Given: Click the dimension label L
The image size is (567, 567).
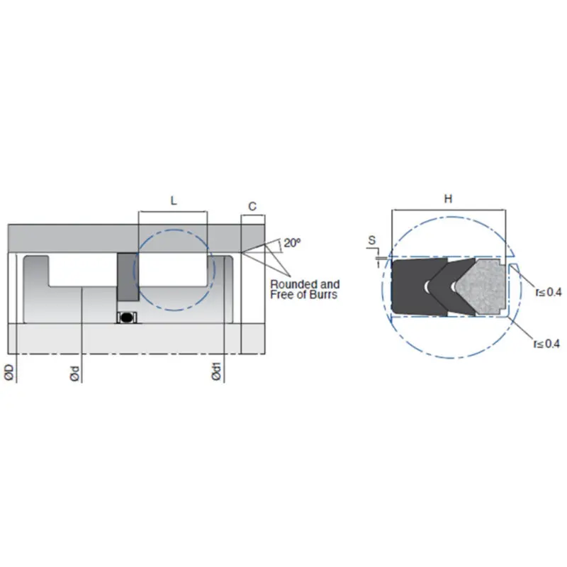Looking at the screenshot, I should pos(174,201).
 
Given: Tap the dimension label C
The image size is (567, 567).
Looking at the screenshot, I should pos(252,206).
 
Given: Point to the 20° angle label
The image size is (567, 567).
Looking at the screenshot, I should pos(292,242).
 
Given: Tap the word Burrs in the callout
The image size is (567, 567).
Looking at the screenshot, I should pos(325,294).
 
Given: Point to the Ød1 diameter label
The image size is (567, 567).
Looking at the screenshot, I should pos(217,374).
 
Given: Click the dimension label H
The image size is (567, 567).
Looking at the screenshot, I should pos(448,200).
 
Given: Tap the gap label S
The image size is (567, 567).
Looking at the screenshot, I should pos(372,241).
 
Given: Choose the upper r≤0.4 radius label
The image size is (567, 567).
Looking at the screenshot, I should pos(547,291).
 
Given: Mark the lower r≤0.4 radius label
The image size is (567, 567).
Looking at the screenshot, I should pos(547,344).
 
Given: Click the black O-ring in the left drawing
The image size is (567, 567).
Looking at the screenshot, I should pos(127,317).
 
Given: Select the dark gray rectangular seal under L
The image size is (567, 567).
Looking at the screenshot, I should pos(128,276).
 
